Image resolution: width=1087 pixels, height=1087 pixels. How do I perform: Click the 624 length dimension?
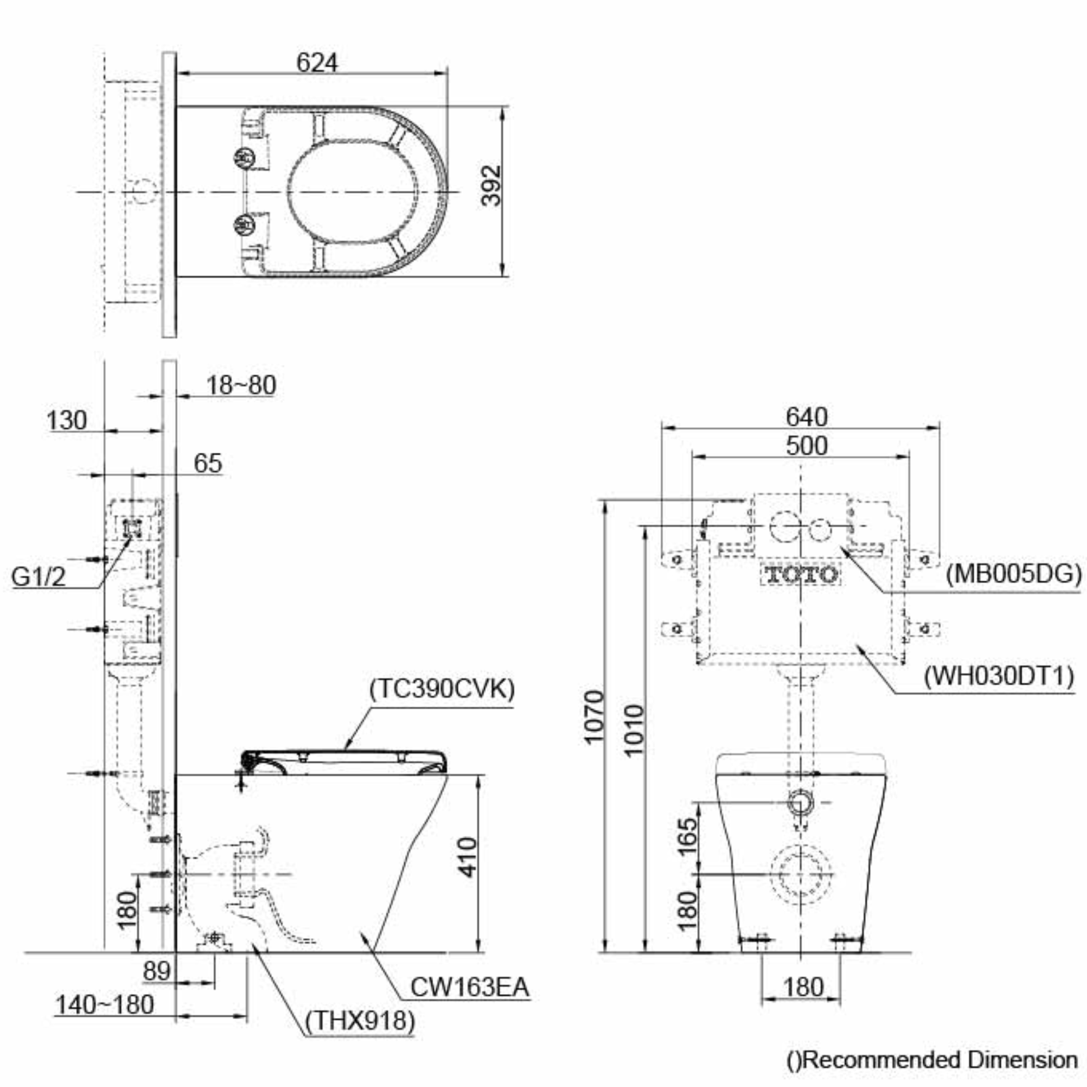click(x=317, y=63)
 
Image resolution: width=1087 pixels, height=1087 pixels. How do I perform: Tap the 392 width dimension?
click(x=491, y=186)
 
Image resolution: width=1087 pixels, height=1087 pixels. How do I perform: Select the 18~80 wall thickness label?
click(x=241, y=385)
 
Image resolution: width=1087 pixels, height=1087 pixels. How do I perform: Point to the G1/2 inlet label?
click(x=38, y=577)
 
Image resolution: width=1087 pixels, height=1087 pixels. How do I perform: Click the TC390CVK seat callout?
click(x=442, y=689)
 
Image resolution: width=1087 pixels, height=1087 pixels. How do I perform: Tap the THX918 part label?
click(x=360, y=1020)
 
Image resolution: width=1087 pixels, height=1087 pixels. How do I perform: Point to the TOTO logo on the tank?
click(x=801, y=574)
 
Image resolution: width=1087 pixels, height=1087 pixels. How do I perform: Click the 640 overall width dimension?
click(x=807, y=417)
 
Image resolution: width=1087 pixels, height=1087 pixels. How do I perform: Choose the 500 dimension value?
click(x=807, y=446)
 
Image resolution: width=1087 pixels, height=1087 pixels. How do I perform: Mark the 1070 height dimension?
click(x=593, y=717)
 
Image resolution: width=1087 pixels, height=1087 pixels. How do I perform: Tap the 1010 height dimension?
click(x=634, y=730)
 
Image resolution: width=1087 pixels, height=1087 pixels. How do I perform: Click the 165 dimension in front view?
click(x=687, y=836)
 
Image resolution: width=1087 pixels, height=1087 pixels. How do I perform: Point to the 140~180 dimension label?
click(x=105, y=1004)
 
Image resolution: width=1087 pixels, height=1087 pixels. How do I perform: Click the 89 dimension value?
click(x=157, y=971)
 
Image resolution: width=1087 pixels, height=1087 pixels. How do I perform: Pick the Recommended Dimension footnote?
click(x=932, y=1060)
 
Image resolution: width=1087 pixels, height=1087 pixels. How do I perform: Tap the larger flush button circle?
click(x=784, y=526)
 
